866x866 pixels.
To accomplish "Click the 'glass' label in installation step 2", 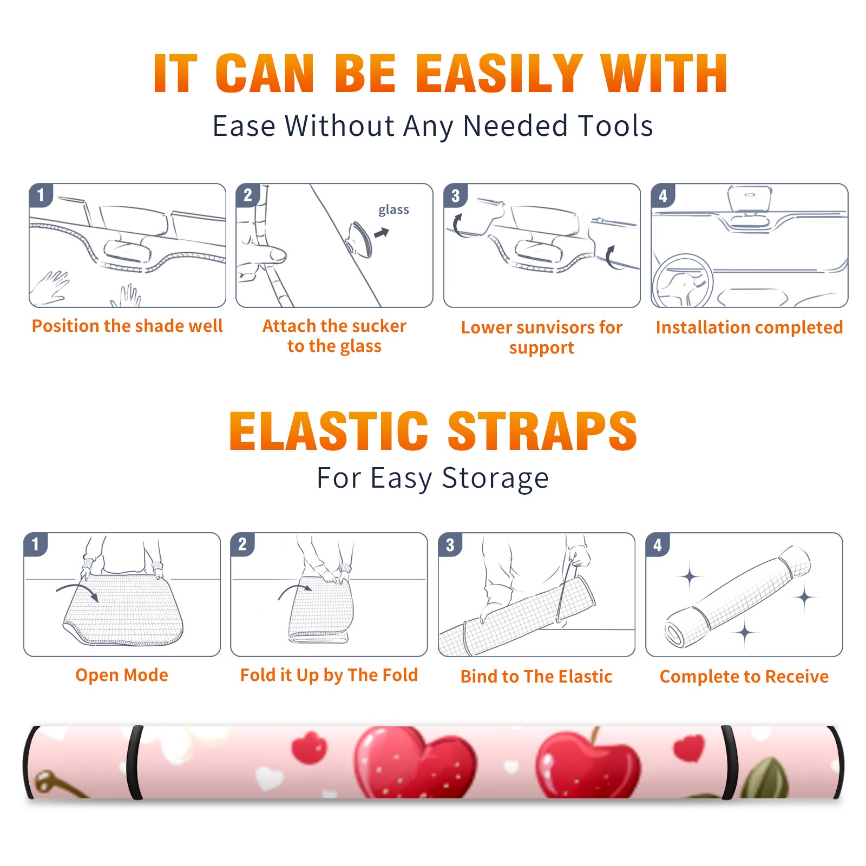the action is click(x=393, y=209).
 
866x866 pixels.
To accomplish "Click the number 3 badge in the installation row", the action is click(x=456, y=195).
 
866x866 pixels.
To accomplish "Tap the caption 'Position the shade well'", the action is click(x=127, y=326).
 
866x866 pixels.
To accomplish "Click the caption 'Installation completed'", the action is click(x=749, y=327).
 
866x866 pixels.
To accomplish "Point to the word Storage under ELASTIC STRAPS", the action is click(x=495, y=478).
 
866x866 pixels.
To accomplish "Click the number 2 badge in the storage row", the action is click(x=242, y=544).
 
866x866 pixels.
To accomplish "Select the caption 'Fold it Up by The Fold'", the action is click(x=329, y=675).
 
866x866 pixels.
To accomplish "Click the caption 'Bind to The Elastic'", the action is click(x=536, y=677).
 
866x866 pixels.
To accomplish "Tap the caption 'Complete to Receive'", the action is click(x=744, y=677).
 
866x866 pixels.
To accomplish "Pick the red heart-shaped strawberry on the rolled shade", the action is click(x=415, y=763).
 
